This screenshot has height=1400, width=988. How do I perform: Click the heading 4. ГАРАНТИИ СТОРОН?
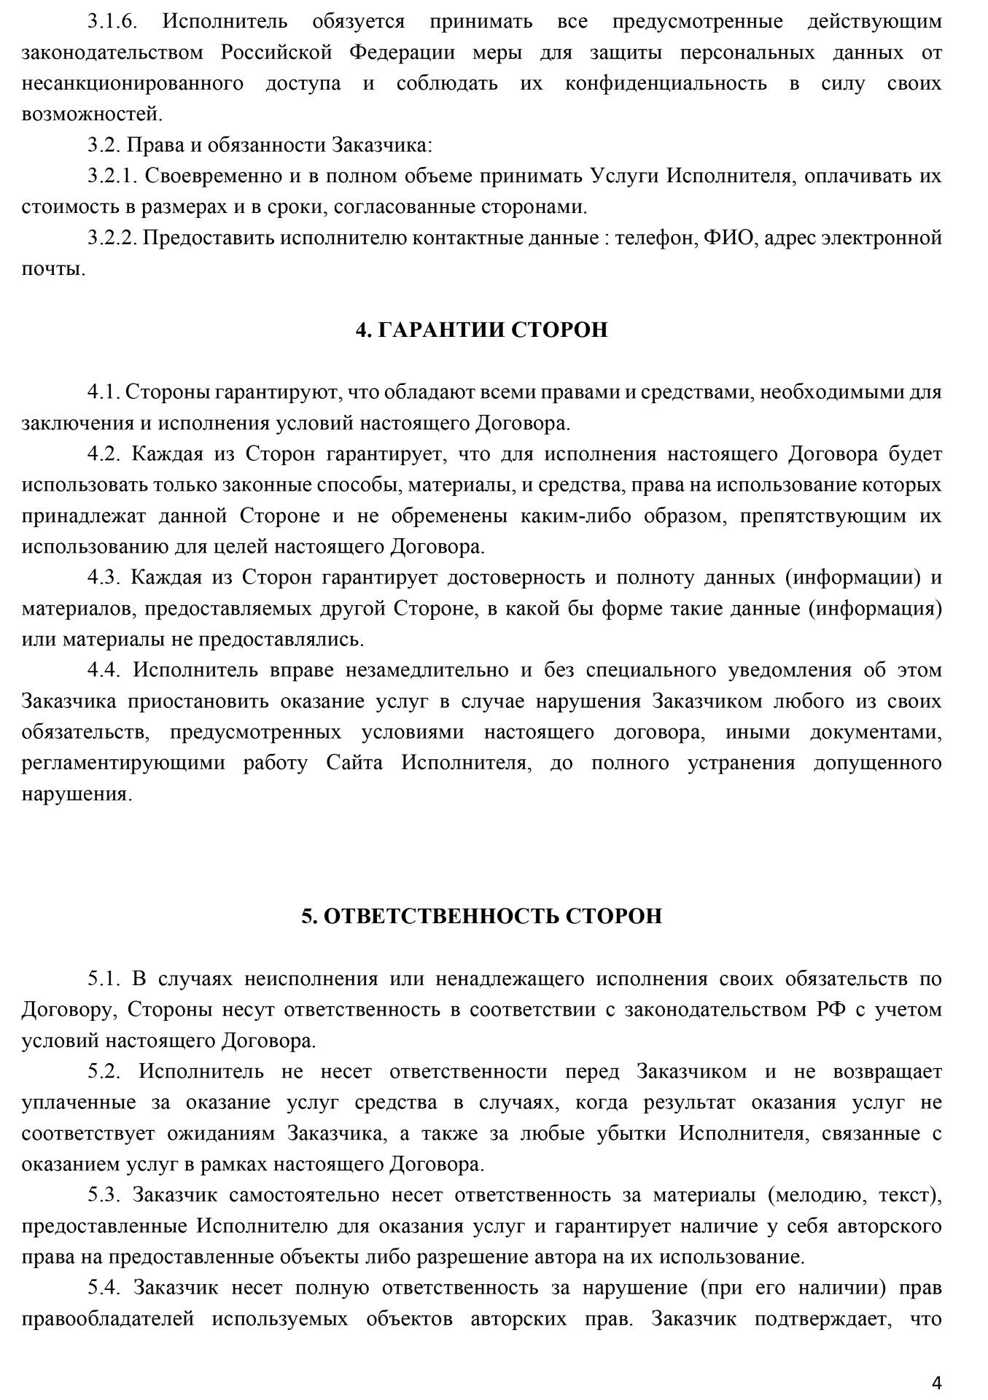(481, 330)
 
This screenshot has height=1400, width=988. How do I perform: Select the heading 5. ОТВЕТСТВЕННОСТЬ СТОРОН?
(481, 916)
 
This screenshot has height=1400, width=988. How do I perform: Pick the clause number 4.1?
(104, 392)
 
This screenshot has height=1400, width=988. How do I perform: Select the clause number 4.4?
(106, 670)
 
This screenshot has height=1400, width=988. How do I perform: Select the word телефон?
(656, 238)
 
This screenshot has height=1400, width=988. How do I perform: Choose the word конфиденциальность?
(666, 83)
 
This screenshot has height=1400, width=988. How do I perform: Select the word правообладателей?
(108, 1318)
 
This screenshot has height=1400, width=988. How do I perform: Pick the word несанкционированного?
(133, 83)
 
